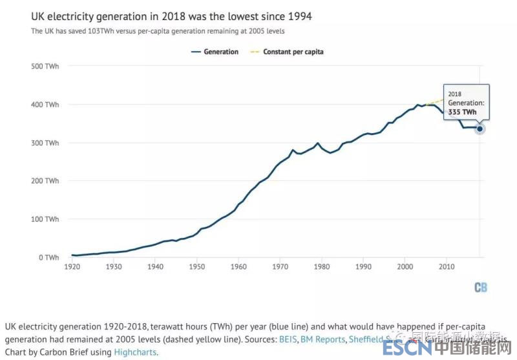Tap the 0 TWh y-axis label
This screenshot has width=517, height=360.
point(48,257)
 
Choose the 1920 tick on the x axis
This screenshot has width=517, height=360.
point(72,266)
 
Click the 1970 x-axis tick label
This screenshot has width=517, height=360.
point(280,266)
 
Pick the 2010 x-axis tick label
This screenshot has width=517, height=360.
point(446,266)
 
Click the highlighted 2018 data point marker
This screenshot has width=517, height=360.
point(480,129)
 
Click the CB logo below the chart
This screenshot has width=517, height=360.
point(480,288)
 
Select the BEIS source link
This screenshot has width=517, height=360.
point(288,339)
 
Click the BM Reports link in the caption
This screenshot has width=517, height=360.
point(323,339)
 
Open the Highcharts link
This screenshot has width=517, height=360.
point(135,352)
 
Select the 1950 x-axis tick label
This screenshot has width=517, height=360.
point(196,266)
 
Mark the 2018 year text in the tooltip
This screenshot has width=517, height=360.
point(455,94)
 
